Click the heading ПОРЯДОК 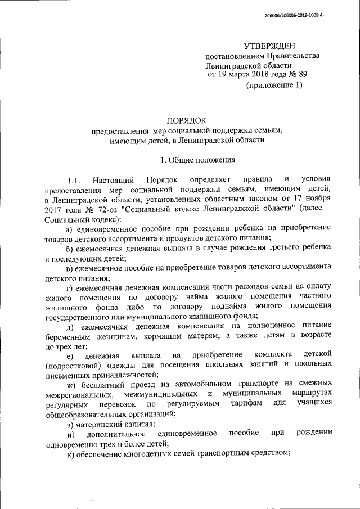(x=187, y=120)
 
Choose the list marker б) (x=70, y=248)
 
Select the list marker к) (x=70, y=454)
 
